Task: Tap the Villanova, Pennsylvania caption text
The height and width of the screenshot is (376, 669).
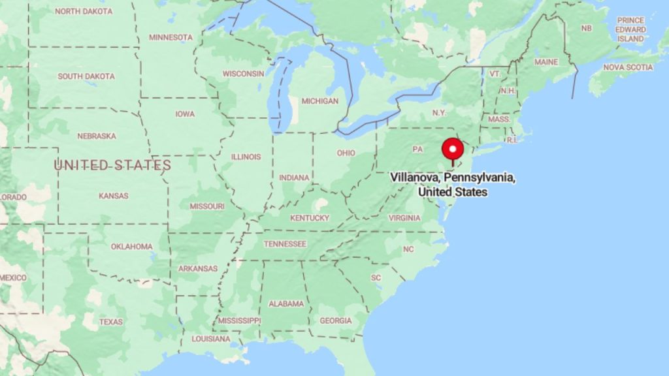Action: click(x=453, y=185)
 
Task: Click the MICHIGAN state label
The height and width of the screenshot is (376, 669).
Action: click(x=319, y=101)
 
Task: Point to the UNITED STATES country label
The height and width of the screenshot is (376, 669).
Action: click(x=112, y=165)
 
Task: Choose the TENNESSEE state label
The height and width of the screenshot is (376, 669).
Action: click(x=285, y=244)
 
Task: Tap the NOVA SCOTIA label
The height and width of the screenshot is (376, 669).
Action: click(x=627, y=67)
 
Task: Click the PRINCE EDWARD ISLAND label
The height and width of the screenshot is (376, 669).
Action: click(x=630, y=29)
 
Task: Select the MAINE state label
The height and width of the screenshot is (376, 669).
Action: click(x=546, y=62)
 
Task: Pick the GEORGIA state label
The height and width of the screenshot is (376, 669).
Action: click(x=334, y=321)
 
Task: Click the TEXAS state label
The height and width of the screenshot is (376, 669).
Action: click(x=110, y=322)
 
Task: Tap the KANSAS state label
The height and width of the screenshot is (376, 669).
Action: click(x=113, y=195)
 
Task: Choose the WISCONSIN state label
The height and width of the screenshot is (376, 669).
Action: click(x=243, y=74)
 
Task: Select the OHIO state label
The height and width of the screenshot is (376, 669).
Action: click(x=346, y=153)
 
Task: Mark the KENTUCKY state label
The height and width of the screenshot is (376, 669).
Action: click(x=310, y=217)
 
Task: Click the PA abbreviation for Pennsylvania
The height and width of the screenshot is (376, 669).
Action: click(x=417, y=149)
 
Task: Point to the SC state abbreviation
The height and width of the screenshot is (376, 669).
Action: click(x=376, y=277)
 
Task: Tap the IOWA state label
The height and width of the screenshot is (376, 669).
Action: click(x=184, y=114)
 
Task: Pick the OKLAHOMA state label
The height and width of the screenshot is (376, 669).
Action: click(x=131, y=247)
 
